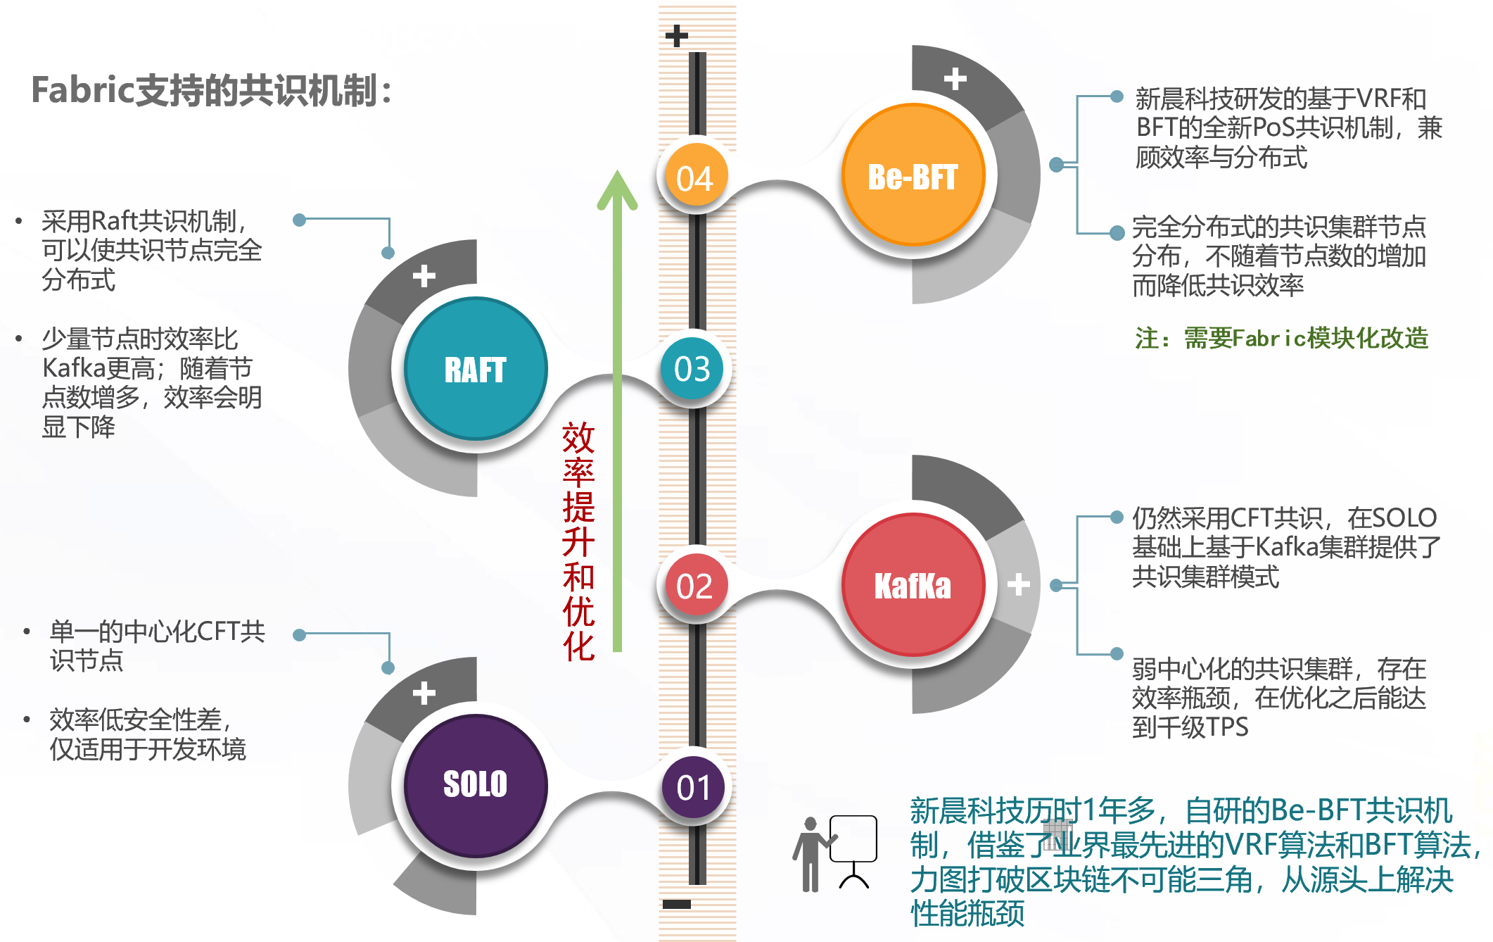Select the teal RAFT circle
click(476, 369)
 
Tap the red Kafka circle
click(913, 585)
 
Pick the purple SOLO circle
click(476, 784)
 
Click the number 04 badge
click(694, 177)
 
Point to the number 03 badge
click(692, 368)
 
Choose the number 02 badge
click(694, 586)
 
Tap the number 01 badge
click(694, 786)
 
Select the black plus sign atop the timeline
click(676, 35)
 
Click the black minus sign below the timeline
click(676, 904)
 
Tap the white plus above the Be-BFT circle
click(955, 79)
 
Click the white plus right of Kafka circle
click(1018, 584)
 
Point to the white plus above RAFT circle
click(424, 275)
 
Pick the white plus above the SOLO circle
click(424, 693)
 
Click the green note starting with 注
click(1281, 339)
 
